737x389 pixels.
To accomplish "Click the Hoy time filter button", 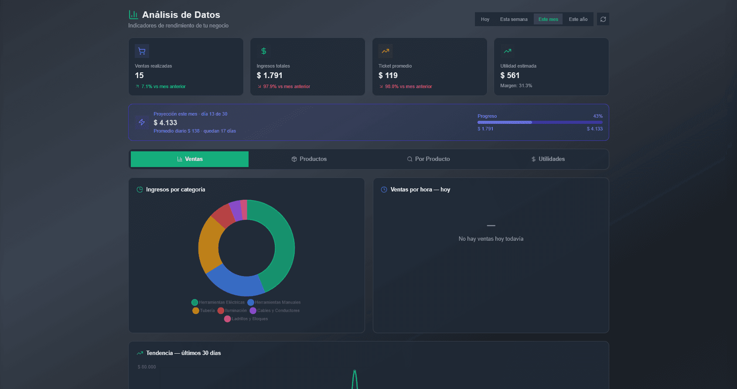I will coord(485,19).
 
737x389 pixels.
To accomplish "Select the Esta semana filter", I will coord(513,19).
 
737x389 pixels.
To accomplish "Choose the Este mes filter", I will coord(548,19).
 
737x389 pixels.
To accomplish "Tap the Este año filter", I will coord(578,19).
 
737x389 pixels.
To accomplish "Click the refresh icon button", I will coord(603,19).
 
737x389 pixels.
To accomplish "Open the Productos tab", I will coord(309,159).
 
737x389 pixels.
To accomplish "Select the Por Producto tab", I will coord(428,159).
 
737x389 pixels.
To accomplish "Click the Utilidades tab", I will coord(548,159).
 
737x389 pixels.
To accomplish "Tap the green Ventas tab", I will coord(190,159).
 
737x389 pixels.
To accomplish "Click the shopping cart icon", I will coord(142,51).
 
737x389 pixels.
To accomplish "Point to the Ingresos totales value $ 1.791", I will coord(270,75).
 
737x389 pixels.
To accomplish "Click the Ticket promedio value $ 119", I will coord(388,75).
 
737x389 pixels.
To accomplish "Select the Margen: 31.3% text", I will coord(516,85).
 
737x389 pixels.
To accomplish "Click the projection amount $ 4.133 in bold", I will coord(165,123).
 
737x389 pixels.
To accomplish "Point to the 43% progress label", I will coord(597,116).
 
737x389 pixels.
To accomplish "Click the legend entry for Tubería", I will coord(204,311).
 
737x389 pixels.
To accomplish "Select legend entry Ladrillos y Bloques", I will coord(246,319).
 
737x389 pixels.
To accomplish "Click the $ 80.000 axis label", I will coord(147,367).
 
